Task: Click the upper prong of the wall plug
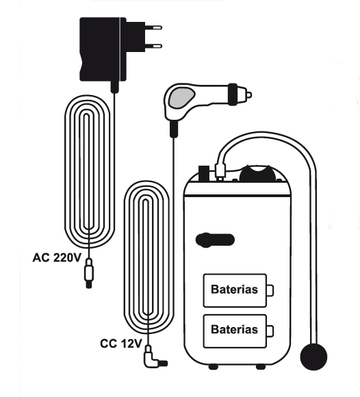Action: pyautogui.click(x=153, y=27)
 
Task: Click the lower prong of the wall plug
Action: pyautogui.click(x=153, y=46)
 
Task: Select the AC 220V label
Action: pyautogui.click(x=57, y=258)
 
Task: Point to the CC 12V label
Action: pyautogui.click(x=120, y=344)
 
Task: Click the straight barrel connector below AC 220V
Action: pyautogui.click(x=88, y=273)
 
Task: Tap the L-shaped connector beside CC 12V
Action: pyautogui.click(x=154, y=358)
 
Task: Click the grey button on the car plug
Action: pyautogui.click(x=182, y=97)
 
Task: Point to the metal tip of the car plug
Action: pyautogui.click(x=249, y=95)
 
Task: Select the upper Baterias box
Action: pyautogui.click(x=235, y=290)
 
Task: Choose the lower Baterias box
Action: pyautogui.click(x=235, y=331)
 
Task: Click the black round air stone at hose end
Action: pyautogui.click(x=313, y=357)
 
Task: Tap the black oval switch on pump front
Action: pyautogui.click(x=215, y=240)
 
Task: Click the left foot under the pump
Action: pyautogui.click(x=213, y=366)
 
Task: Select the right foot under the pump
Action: pyautogui.click(x=261, y=366)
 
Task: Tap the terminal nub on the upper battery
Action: pyautogui.click(x=270, y=290)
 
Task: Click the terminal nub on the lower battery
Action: pyautogui.click(x=270, y=331)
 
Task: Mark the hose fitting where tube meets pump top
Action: pyautogui.click(x=220, y=171)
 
